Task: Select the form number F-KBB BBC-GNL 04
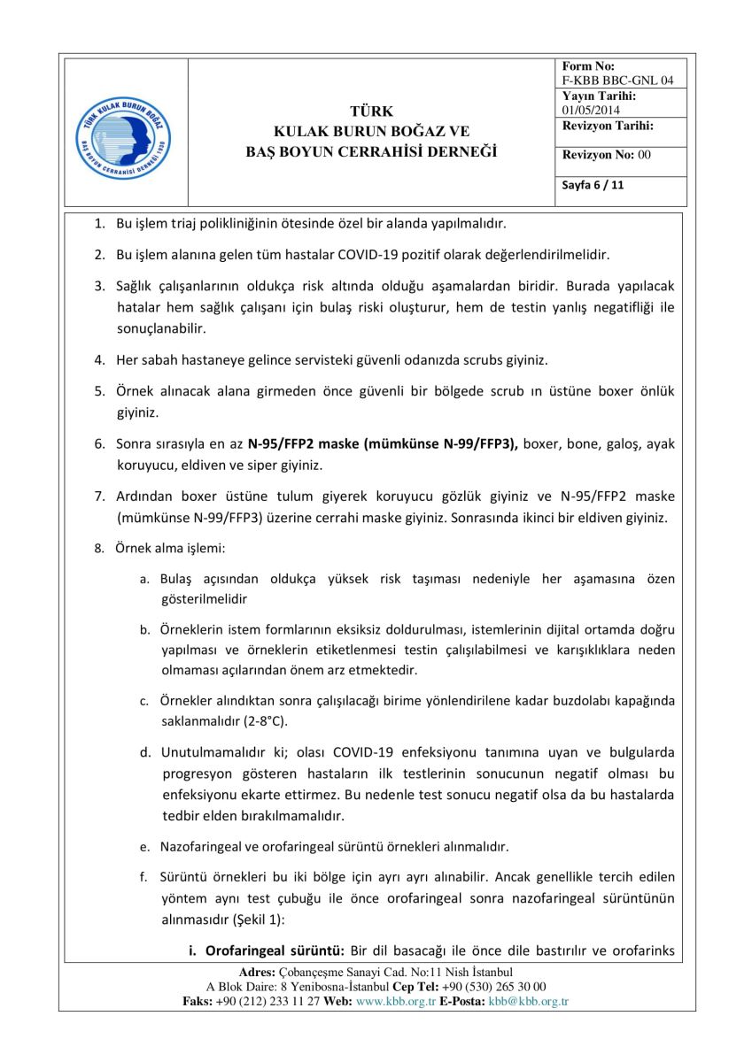point(617,80)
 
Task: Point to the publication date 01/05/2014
point(591,110)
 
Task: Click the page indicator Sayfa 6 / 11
point(593,186)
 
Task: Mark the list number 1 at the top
point(98,222)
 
